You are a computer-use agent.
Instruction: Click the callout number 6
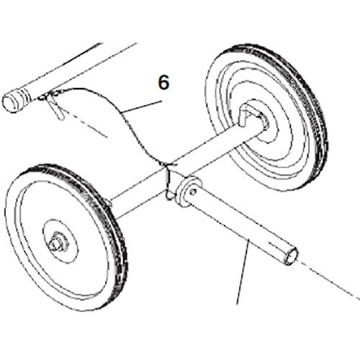[164, 82]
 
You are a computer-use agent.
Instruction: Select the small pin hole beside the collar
[192, 192]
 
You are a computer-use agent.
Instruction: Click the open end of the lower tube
[290, 256]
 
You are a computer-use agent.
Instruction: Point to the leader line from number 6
[141, 107]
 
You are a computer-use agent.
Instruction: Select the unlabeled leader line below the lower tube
[243, 272]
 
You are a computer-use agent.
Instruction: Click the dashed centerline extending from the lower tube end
[329, 281]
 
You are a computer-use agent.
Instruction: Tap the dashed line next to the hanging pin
[86, 125]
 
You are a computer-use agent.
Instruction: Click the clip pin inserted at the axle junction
[169, 181]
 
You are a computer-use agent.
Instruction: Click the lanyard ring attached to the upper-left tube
[43, 97]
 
